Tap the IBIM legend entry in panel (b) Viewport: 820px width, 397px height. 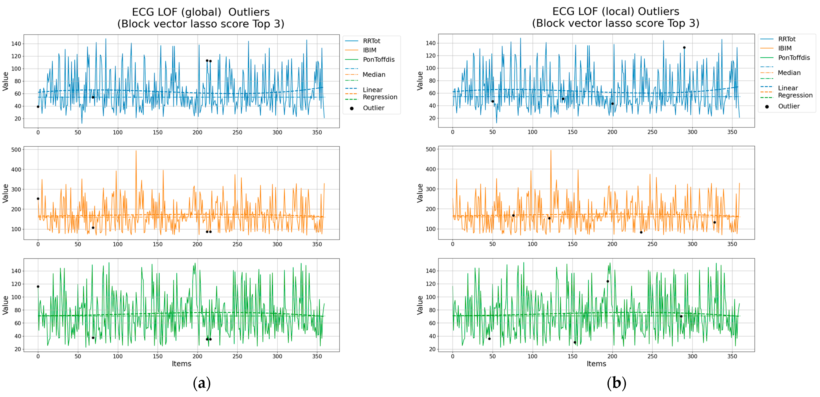click(784, 48)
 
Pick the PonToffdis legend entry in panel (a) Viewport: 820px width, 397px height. click(378, 60)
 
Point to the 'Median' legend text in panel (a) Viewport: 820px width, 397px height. click(374, 74)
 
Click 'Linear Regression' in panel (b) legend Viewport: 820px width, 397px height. click(795, 92)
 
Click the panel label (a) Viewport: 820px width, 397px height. click(201, 383)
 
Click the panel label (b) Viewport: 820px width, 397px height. click(616, 383)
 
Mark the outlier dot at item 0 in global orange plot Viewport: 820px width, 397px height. click(38, 199)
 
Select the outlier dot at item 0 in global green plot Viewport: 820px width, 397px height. click(38, 287)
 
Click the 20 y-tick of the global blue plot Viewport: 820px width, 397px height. click(18, 119)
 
